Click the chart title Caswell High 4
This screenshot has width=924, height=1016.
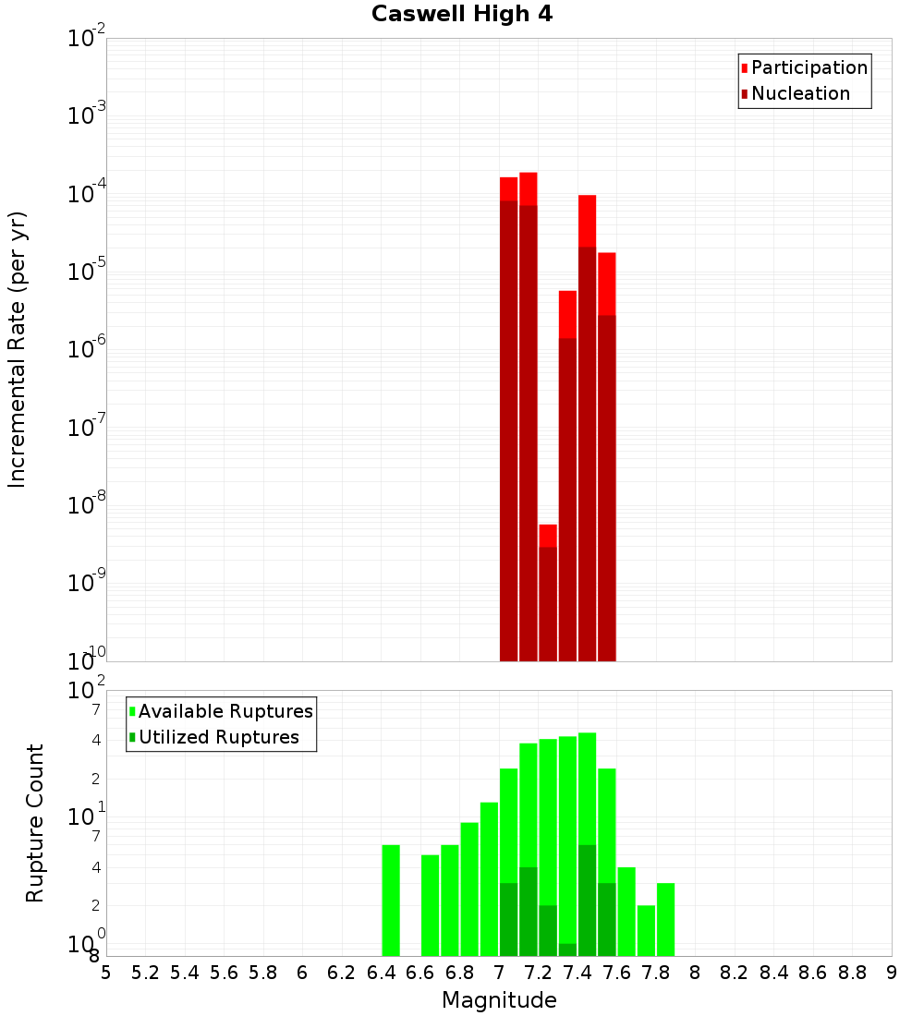click(462, 15)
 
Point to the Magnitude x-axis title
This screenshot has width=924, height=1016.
click(499, 1000)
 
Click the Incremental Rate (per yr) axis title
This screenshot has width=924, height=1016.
click(18, 349)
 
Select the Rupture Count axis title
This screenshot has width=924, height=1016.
click(35, 823)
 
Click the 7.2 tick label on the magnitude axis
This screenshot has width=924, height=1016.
click(538, 973)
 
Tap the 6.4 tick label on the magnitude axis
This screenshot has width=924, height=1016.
click(381, 973)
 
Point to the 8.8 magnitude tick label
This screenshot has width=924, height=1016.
click(852, 973)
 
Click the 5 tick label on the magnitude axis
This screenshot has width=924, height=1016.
click(106, 973)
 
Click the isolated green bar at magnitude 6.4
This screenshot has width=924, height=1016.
click(391, 901)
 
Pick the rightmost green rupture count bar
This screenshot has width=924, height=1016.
click(665, 919)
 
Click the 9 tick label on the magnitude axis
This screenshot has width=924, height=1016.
click(892, 973)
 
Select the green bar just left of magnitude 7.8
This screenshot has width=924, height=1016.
click(646, 930)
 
